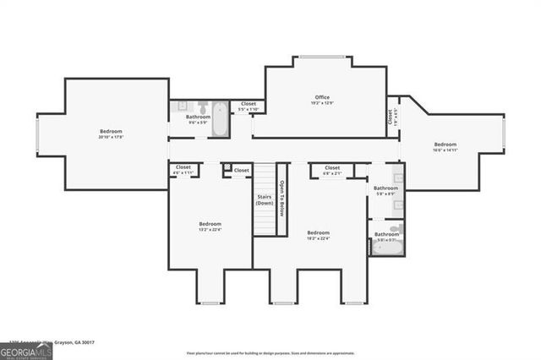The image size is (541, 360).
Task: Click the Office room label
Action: point(322,97)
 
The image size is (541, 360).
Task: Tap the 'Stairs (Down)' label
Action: point(265,200)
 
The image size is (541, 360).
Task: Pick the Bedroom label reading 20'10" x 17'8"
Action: point(111,131)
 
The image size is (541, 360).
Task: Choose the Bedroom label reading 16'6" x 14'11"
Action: point(445,145)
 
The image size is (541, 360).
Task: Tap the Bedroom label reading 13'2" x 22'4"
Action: point(210,224)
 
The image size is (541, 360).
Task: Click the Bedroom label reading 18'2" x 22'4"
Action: point(318,232)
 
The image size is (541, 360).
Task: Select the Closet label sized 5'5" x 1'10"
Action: point(248,104)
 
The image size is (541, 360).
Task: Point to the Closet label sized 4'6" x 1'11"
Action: point(183,167)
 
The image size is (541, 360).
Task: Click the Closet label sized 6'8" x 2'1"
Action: point(332,167)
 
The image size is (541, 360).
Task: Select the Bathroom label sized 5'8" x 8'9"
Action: point(385,188)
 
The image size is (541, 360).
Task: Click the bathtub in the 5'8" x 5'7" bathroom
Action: point(385,246)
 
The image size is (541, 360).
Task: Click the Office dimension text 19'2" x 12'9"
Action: point(322,104)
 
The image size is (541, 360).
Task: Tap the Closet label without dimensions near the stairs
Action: point(242,170)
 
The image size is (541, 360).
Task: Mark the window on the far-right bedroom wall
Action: point(504,139)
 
